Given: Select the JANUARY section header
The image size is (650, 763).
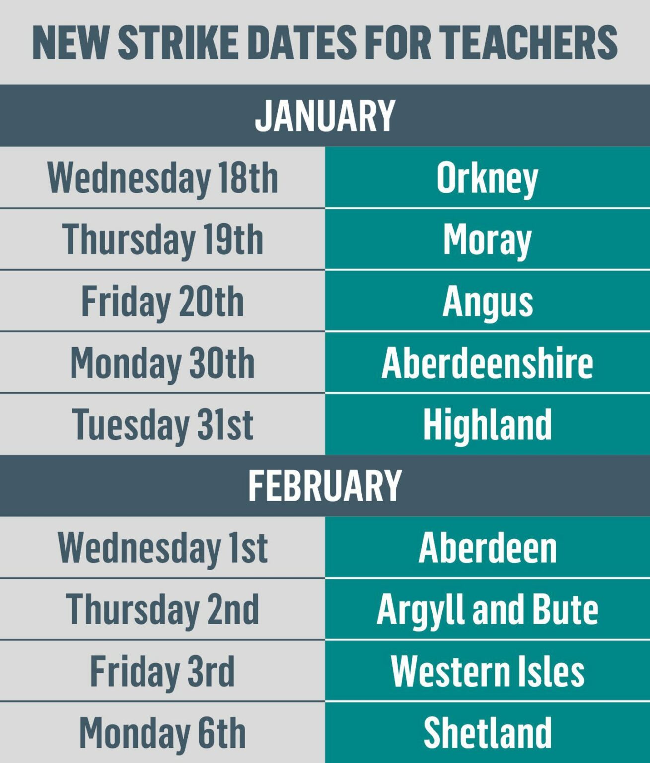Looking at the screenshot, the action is point(325,116).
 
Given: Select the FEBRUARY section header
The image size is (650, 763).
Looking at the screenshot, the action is point(325,485).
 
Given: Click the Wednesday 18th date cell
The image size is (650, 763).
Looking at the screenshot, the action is point(162,178).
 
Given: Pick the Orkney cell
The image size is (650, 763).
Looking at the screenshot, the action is point(487,178).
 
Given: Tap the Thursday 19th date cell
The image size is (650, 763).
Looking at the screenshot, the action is point(162,239).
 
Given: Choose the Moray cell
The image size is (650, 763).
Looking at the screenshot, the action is point(487,239).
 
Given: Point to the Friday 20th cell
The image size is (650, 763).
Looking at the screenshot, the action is point(162,301).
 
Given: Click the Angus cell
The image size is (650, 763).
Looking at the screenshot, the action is point(487,301).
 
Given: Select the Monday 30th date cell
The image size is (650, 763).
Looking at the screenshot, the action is point(162,363).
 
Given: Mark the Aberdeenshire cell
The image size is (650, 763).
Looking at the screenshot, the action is point(487,363).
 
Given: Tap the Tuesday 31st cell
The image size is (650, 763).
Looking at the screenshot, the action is point(162,424).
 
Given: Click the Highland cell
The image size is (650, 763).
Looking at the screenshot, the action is point(487,424).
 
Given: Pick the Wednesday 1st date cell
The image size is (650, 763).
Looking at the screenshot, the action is point(162,547).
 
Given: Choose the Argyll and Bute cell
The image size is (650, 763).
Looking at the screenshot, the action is point(487,609).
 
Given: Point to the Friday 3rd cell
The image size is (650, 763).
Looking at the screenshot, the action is point(162,671).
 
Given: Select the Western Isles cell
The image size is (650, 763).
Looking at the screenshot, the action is point(487,671).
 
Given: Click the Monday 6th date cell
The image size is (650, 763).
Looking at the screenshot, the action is point(162,733).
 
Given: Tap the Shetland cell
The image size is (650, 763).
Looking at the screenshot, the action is point(487,733).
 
